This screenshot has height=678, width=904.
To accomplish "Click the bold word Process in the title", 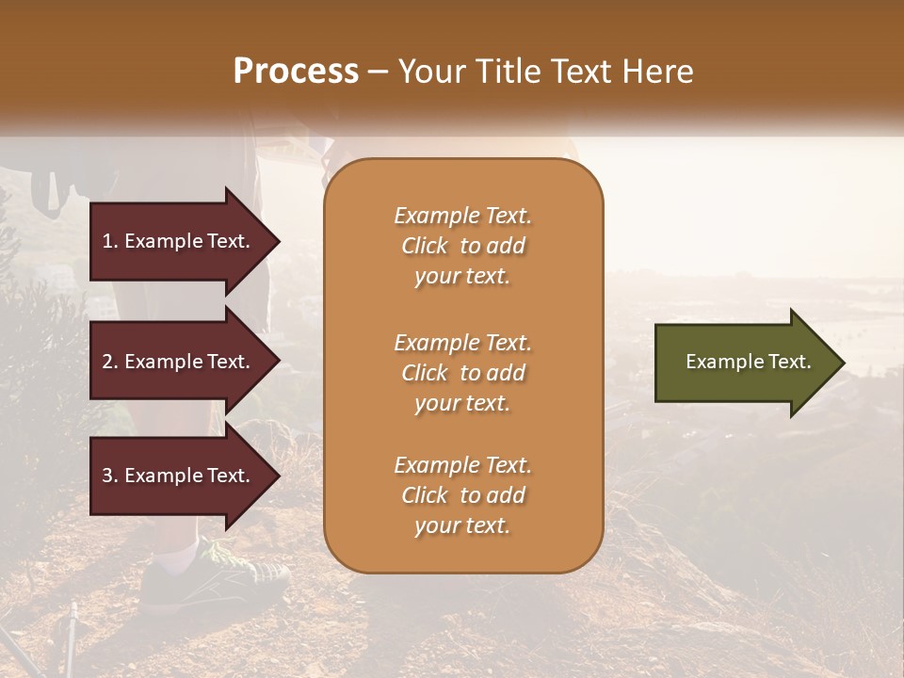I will (296, 71).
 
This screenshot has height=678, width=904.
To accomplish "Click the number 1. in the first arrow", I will (110, 241).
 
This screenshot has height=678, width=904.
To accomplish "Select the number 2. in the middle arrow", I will (110, 362).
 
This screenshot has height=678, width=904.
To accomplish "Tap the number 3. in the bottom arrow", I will (110, 476).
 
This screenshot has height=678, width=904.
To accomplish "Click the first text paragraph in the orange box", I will (462, 246).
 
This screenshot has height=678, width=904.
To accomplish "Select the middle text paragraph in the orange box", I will (462, 373).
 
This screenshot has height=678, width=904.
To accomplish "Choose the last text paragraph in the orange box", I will (462, 495).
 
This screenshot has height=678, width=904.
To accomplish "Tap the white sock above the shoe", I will (179, 555).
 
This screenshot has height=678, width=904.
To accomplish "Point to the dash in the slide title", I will (379, 72).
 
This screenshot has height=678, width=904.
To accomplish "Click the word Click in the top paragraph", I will (425, 246).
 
